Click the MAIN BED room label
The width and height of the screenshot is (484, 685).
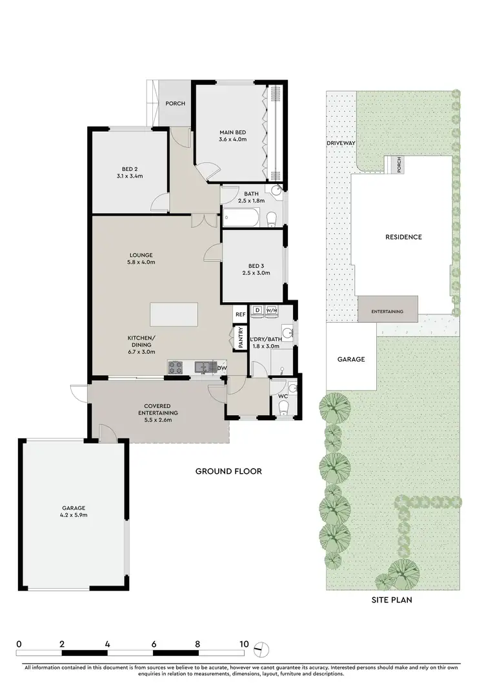[233, 132]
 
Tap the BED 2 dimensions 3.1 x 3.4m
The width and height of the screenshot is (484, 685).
[129, 176]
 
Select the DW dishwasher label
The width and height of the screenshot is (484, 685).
[222, 368]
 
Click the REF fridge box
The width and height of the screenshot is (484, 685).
[239, 314]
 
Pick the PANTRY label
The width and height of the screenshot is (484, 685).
[240, 338]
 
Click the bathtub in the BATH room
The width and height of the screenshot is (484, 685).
[241, 218]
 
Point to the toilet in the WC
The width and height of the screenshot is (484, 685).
[283, 407]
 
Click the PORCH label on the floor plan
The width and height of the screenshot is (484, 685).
[175, 103]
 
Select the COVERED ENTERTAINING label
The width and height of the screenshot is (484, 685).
[161, 409]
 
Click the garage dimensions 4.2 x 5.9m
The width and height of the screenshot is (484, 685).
[75, 515]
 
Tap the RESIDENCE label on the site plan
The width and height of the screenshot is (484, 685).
[403, 237]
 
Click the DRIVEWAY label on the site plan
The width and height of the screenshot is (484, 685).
[341, 143]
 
